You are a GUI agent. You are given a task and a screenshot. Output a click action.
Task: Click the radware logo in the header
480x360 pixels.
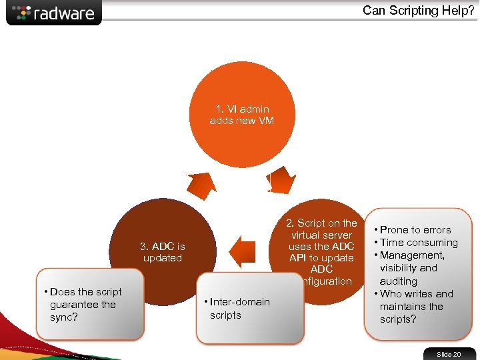coord(54,13)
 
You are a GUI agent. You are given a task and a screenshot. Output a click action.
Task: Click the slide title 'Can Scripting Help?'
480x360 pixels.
coord(418,10)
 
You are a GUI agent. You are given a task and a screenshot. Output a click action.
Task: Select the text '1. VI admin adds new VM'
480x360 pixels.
coord(242,115)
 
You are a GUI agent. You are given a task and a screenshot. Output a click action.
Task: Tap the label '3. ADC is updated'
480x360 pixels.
coord(163,252)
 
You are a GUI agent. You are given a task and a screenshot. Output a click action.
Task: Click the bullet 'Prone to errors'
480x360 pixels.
coord(415,230)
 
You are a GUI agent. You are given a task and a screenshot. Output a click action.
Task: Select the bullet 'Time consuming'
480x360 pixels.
coord(419,243)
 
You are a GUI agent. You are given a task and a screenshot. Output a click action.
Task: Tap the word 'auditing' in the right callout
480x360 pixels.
coord(399,281)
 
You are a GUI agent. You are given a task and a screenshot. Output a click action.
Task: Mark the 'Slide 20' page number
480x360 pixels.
coord(449,354)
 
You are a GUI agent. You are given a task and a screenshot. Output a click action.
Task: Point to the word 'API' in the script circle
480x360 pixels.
coord(299,258)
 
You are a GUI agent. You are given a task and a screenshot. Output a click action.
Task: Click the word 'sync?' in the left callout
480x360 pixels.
coord(63,317)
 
